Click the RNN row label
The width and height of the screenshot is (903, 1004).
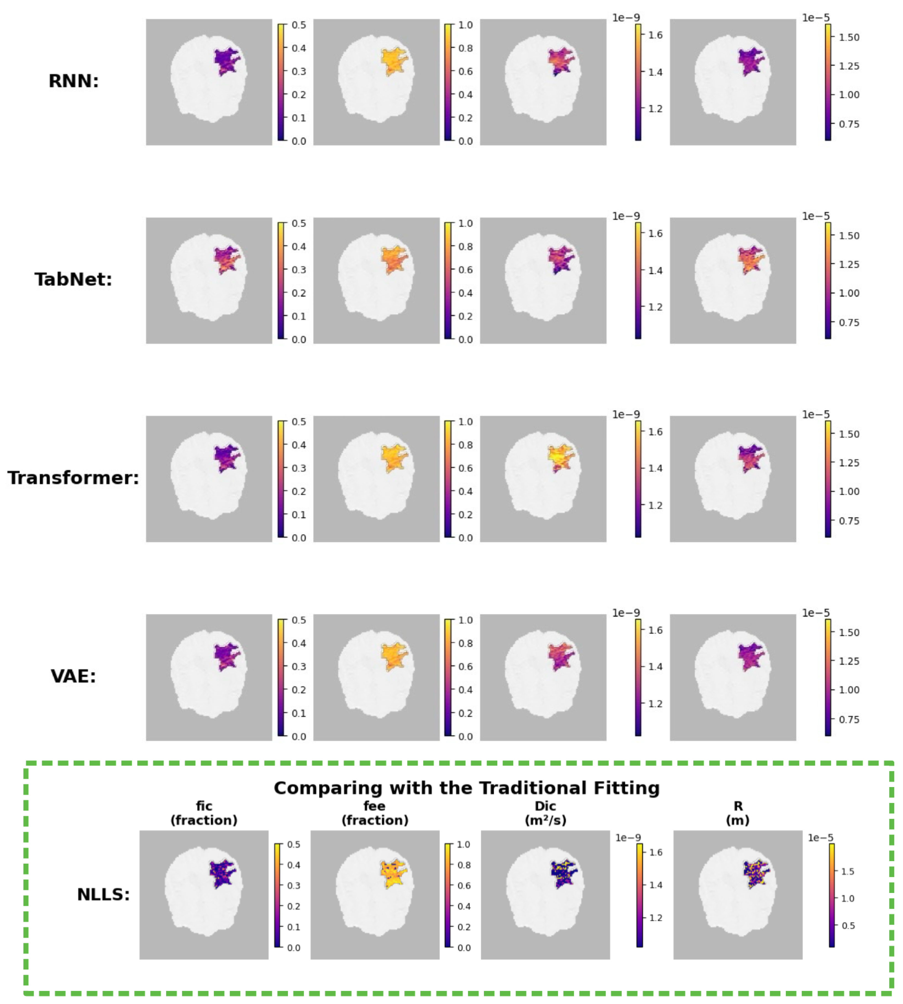point(73,81)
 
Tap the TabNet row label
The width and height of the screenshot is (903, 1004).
point(73,279)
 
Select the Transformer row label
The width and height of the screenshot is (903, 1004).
point(73,478)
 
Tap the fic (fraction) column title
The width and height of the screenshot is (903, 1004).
point(204,813)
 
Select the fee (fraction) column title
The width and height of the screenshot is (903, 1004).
point(375,813)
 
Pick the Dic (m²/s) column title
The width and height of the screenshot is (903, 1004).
point(545,813)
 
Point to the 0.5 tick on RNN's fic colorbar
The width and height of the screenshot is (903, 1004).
point(299,25)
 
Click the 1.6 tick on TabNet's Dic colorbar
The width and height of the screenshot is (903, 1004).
point(655,233)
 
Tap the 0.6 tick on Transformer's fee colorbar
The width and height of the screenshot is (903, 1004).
point(465,468)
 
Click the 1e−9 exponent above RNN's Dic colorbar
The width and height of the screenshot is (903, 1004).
point(626,18)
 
